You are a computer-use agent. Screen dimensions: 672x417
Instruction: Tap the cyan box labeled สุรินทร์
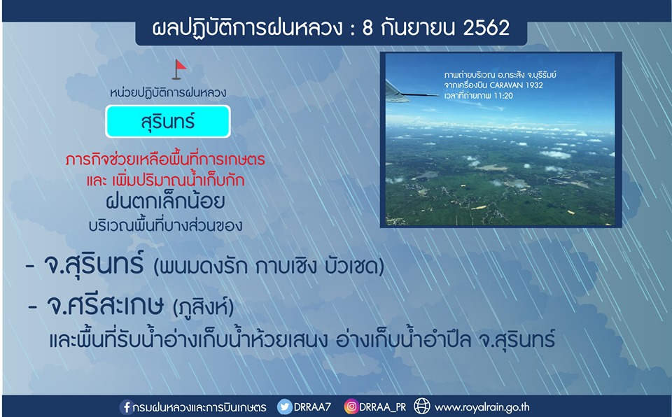[168, 121]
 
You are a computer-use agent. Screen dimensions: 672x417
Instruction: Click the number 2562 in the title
[486, 28]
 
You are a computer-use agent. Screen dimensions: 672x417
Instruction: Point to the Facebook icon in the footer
[126, 407]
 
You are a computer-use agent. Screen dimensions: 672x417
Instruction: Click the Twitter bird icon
[285, 407]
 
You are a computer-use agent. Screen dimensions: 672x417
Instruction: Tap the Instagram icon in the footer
[351, 407]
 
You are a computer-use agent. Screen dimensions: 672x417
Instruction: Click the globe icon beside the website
[421, 407]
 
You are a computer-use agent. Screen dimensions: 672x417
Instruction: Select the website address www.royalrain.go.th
[482, 407]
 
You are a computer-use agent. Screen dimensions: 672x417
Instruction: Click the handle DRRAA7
[312, 407]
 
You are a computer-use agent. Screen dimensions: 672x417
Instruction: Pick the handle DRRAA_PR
[382, 407]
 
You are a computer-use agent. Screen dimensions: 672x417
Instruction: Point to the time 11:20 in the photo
[503, 96]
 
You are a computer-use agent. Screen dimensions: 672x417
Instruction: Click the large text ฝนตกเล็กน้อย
[165, 202]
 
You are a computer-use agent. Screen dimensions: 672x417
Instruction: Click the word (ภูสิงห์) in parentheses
[203, 307]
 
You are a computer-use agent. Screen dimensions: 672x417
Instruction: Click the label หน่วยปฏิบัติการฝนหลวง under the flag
[168, 92]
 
